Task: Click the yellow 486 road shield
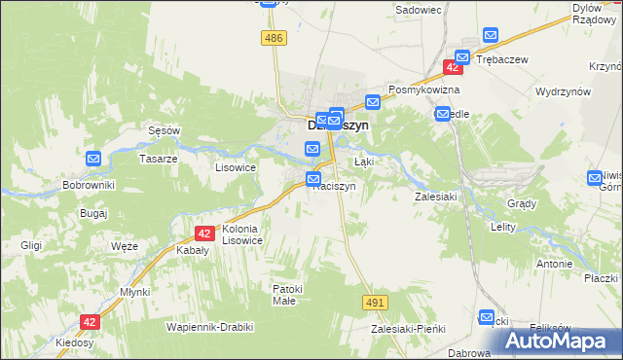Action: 274,37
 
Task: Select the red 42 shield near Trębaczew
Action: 453,66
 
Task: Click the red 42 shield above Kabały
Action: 203,234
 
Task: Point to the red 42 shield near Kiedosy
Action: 90,321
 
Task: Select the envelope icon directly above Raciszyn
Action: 313,179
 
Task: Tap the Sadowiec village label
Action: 419,10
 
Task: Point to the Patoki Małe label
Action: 289,294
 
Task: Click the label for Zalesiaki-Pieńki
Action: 408,329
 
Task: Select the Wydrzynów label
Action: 564,91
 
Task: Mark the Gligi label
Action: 29,245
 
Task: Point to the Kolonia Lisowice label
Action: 242,234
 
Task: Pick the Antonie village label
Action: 554,264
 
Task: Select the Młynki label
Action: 134,292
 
